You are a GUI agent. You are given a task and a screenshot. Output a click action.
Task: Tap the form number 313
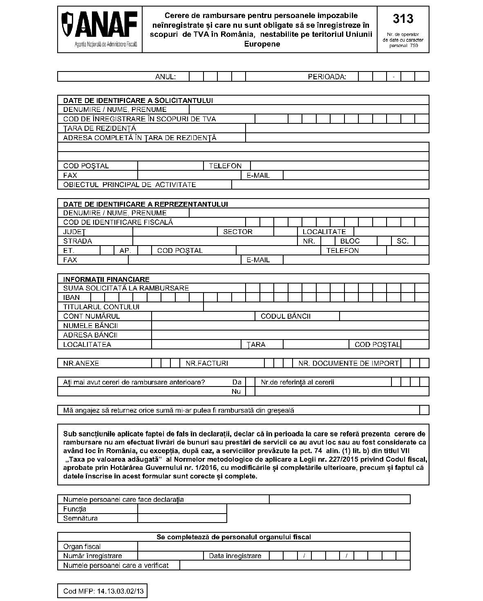tap(403, 19)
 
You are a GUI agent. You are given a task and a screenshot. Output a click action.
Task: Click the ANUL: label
tap(165, 77)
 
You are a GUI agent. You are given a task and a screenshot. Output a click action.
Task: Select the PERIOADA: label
tap(327, 77)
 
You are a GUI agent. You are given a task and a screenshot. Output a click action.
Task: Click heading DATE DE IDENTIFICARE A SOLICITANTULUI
tap(138, 101)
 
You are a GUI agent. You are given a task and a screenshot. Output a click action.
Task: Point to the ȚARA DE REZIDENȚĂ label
tap(99, 128)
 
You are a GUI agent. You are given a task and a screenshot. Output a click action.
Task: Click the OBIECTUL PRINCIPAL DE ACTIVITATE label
tap(130, 185)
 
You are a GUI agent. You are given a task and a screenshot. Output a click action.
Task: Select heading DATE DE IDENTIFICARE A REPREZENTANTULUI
tap(145, 204)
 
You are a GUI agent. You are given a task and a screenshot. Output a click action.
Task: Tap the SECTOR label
tap(237, 232)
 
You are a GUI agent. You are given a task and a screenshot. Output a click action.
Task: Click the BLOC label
tap(350, 241)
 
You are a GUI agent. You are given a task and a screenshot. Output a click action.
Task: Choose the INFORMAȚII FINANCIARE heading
tap(106, 279)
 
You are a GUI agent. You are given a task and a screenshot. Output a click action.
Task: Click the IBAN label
tap(72, 297)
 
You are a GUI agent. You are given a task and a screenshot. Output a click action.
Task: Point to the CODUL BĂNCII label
tap(285, 316)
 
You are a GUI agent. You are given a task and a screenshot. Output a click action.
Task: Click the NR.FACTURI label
tap(207, 363)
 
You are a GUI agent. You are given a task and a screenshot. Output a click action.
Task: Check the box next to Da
tap(250, 382)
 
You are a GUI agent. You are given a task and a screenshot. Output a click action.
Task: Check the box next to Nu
tap(250, 392)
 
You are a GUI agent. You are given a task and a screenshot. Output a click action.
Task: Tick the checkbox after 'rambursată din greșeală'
tap(424, 410)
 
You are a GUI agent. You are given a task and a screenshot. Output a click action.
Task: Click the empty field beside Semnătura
tap(182, 518)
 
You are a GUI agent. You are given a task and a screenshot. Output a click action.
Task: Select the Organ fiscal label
tap(82, 547)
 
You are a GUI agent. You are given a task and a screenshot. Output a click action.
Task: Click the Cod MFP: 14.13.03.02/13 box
tap(103, 591)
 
